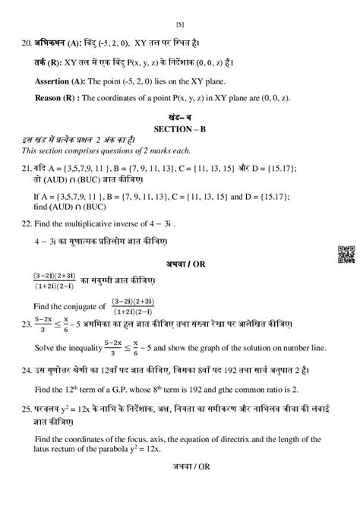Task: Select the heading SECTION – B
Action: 181,128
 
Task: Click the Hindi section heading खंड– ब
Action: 181,117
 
